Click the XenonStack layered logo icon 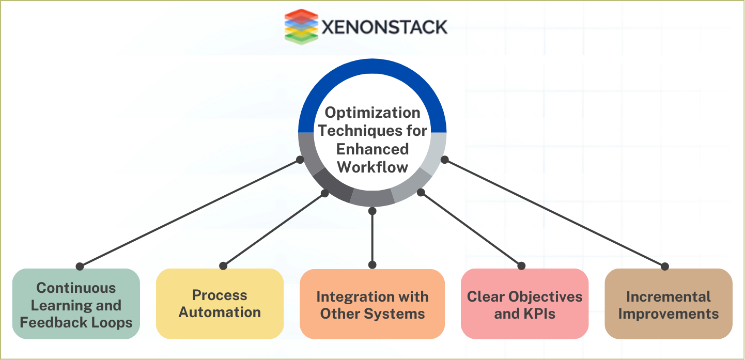(x=300, y=26)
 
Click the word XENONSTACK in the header (x=384, y=27)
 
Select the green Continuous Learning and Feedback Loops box (x=76, y=305)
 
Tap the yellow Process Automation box (x=220, y=304)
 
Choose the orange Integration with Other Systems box (x=372, y=304)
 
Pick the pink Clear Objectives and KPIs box (x=524, y=305)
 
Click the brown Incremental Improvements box (x=668, y=305)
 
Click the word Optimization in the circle (x=372, y=113)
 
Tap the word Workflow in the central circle (x=372, y=167)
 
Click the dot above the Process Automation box (x=223, y=265)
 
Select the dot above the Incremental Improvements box (x=665, y=267)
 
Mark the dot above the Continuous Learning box (x=80, y=267)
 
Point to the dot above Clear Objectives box (x=521, y=266)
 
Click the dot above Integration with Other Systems (x=372, y=264)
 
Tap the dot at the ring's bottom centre (x=372, y=210)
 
